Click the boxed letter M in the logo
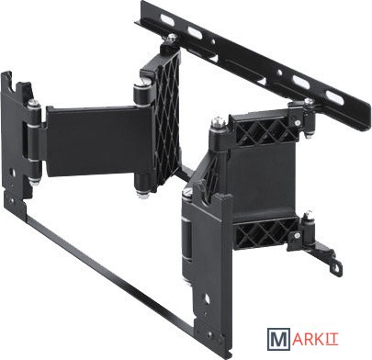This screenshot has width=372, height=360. tap(278, 339)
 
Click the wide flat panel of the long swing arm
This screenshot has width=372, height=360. tap(98, 141)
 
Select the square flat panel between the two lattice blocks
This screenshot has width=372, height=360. tap(260, 181)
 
